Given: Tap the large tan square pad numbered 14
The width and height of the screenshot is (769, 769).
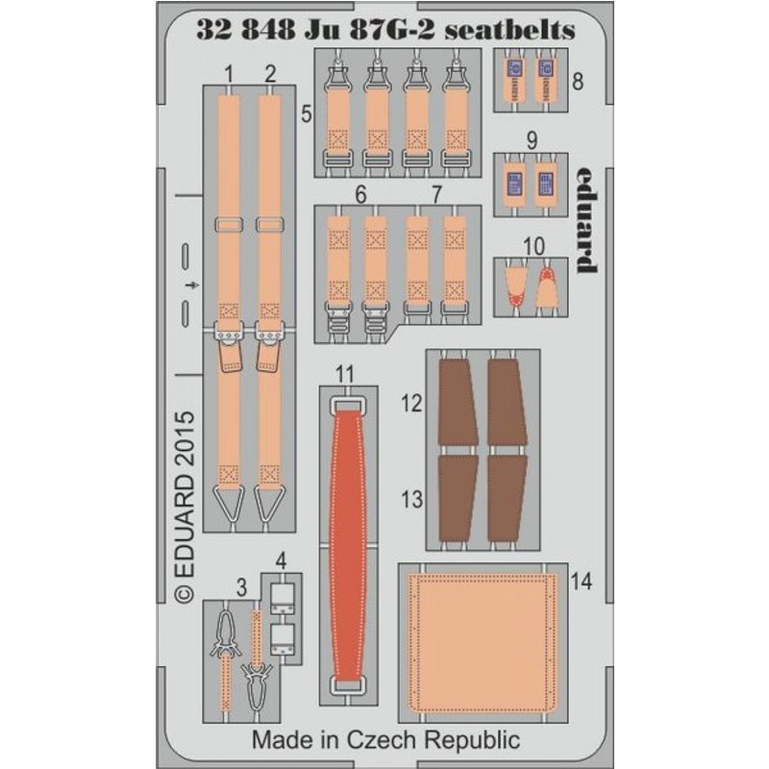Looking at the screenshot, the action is point(484,642).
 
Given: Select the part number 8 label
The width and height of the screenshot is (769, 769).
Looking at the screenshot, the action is point(578,82).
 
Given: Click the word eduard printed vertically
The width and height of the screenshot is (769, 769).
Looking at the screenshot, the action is point(586,220).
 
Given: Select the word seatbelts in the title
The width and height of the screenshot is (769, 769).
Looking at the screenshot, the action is point(509,31).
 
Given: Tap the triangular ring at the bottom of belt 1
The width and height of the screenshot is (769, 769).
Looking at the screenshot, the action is point(229,503).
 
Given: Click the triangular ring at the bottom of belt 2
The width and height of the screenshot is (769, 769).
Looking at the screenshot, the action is point(269,503).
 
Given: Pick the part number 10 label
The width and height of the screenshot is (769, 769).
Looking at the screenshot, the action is point(533,246).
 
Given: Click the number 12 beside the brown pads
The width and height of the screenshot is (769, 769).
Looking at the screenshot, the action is point(411,403).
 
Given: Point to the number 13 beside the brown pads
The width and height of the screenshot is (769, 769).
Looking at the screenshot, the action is point(411,499).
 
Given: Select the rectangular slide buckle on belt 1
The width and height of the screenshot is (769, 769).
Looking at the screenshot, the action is point(229,225).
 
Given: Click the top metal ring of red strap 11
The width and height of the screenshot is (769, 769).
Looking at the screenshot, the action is point(349,405).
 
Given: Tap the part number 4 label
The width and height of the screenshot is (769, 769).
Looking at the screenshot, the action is point(281,561).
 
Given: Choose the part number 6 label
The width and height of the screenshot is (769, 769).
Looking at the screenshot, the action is point(361,195).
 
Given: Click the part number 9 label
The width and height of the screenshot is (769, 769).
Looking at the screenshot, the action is point(533,140).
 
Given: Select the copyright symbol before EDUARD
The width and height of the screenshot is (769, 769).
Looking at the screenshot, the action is point(185,593).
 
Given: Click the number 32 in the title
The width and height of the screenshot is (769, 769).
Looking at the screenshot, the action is point(213,31).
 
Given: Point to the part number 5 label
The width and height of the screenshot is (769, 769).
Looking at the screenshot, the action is point(307,113).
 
